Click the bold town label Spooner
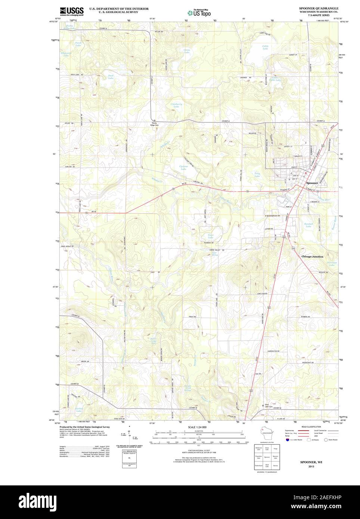click(x=312, y=183)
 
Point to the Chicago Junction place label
click(x=312, y=257)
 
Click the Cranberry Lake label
click(x=176, y=106)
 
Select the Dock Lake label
click(x=111, y=77)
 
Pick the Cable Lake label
click(x=265, y=47)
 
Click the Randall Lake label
click(x=308, y=225)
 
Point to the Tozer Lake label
click(x=211, y=236)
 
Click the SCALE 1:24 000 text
click(x=197, y=427)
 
